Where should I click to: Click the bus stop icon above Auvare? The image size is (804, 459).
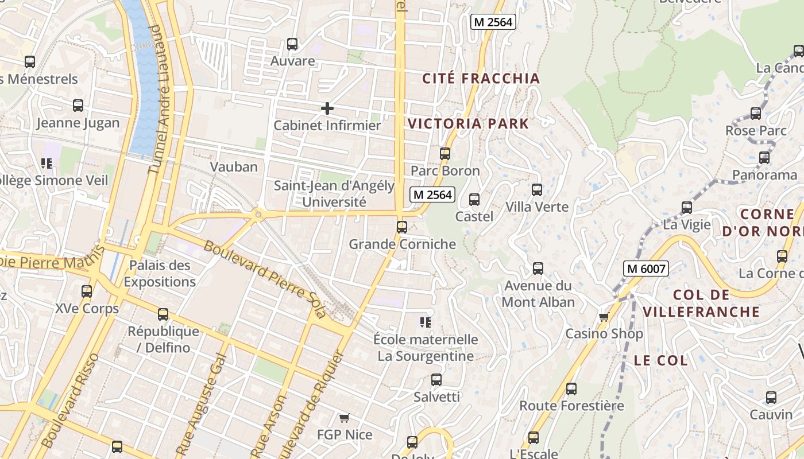292,44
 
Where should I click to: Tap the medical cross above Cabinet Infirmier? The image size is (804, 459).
327,108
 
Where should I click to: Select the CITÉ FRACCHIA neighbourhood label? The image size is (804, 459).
481,79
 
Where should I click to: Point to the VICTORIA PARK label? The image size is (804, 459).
468,123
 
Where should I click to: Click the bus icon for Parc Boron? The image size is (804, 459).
444,154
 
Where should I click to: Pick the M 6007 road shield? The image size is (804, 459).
646,268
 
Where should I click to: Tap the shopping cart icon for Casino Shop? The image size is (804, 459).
603,317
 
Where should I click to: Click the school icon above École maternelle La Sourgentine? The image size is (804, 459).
425,322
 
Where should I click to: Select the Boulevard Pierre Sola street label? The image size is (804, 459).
265,279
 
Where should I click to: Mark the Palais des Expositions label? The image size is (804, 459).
160,274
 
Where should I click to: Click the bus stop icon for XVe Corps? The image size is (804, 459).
86,291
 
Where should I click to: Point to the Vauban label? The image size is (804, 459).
234,167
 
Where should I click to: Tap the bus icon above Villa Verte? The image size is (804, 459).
536,190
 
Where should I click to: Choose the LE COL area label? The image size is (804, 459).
660,360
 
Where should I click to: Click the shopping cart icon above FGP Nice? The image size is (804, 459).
344,418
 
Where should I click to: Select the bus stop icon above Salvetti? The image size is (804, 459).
436,380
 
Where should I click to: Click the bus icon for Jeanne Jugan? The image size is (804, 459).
78,106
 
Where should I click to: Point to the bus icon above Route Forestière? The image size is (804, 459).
571,389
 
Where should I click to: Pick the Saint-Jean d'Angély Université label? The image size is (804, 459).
334,194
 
